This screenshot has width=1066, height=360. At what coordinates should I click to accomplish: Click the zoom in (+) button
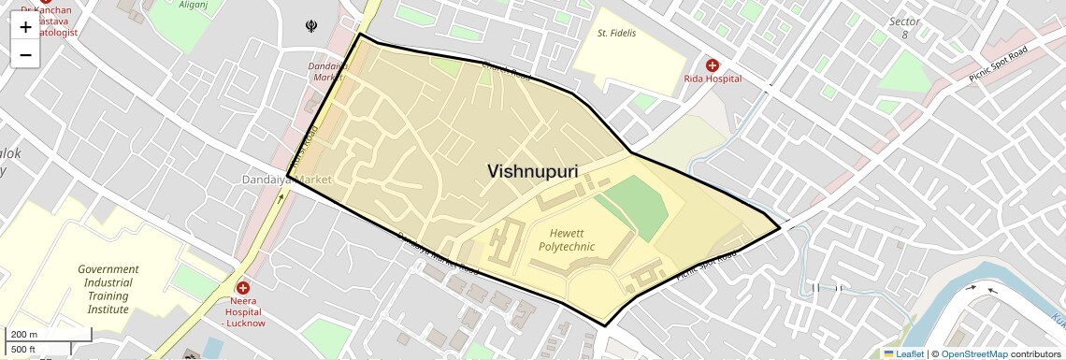tap(25, 27)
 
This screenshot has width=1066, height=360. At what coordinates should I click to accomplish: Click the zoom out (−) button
tap(25, 54)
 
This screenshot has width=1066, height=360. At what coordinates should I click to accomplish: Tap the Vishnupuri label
tap(532, 171)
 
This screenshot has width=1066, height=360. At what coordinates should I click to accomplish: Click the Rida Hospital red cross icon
tap(713, 65)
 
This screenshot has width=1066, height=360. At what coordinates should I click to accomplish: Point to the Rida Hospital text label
tap(713, 79)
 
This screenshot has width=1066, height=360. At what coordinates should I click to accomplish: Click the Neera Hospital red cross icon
tap(243, 289)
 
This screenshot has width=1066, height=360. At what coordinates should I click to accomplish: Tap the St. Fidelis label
tap(616, 34)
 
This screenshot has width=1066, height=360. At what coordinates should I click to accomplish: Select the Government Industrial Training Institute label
tap(108, 289)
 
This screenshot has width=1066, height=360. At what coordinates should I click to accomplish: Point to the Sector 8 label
tap(904, 27)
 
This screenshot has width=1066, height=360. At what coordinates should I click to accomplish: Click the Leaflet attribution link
tap(903, 353)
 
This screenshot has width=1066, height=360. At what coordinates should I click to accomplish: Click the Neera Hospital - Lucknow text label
tap(243, 316)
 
